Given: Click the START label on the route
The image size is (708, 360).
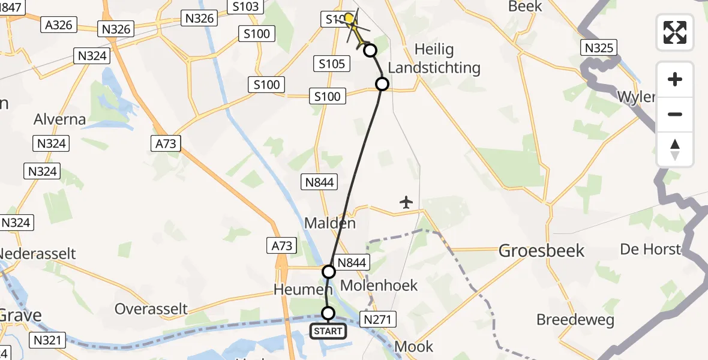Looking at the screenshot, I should coord(328,331).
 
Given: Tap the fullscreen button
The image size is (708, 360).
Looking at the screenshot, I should coord(675,32).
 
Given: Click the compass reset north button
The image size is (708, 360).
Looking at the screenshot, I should coord(675,149).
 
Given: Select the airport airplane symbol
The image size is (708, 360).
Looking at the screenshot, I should coord(407,202).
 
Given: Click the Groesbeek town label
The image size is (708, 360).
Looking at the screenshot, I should coord(541,250).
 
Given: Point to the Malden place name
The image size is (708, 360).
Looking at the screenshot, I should coord(330,223).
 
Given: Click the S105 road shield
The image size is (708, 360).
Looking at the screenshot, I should coord(331,63).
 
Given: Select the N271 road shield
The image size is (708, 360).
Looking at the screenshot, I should coord(376,319).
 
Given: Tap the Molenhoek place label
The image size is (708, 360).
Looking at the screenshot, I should coord(379,285).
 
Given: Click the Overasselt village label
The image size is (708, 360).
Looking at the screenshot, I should coord(151,309).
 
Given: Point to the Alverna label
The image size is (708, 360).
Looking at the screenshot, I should coord(59,119).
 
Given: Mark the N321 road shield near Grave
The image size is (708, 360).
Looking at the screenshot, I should coord(47,340).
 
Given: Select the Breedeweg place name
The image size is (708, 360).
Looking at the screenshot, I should coord(575,319).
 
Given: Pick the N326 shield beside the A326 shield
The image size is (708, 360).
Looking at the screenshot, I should coord(116,29).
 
